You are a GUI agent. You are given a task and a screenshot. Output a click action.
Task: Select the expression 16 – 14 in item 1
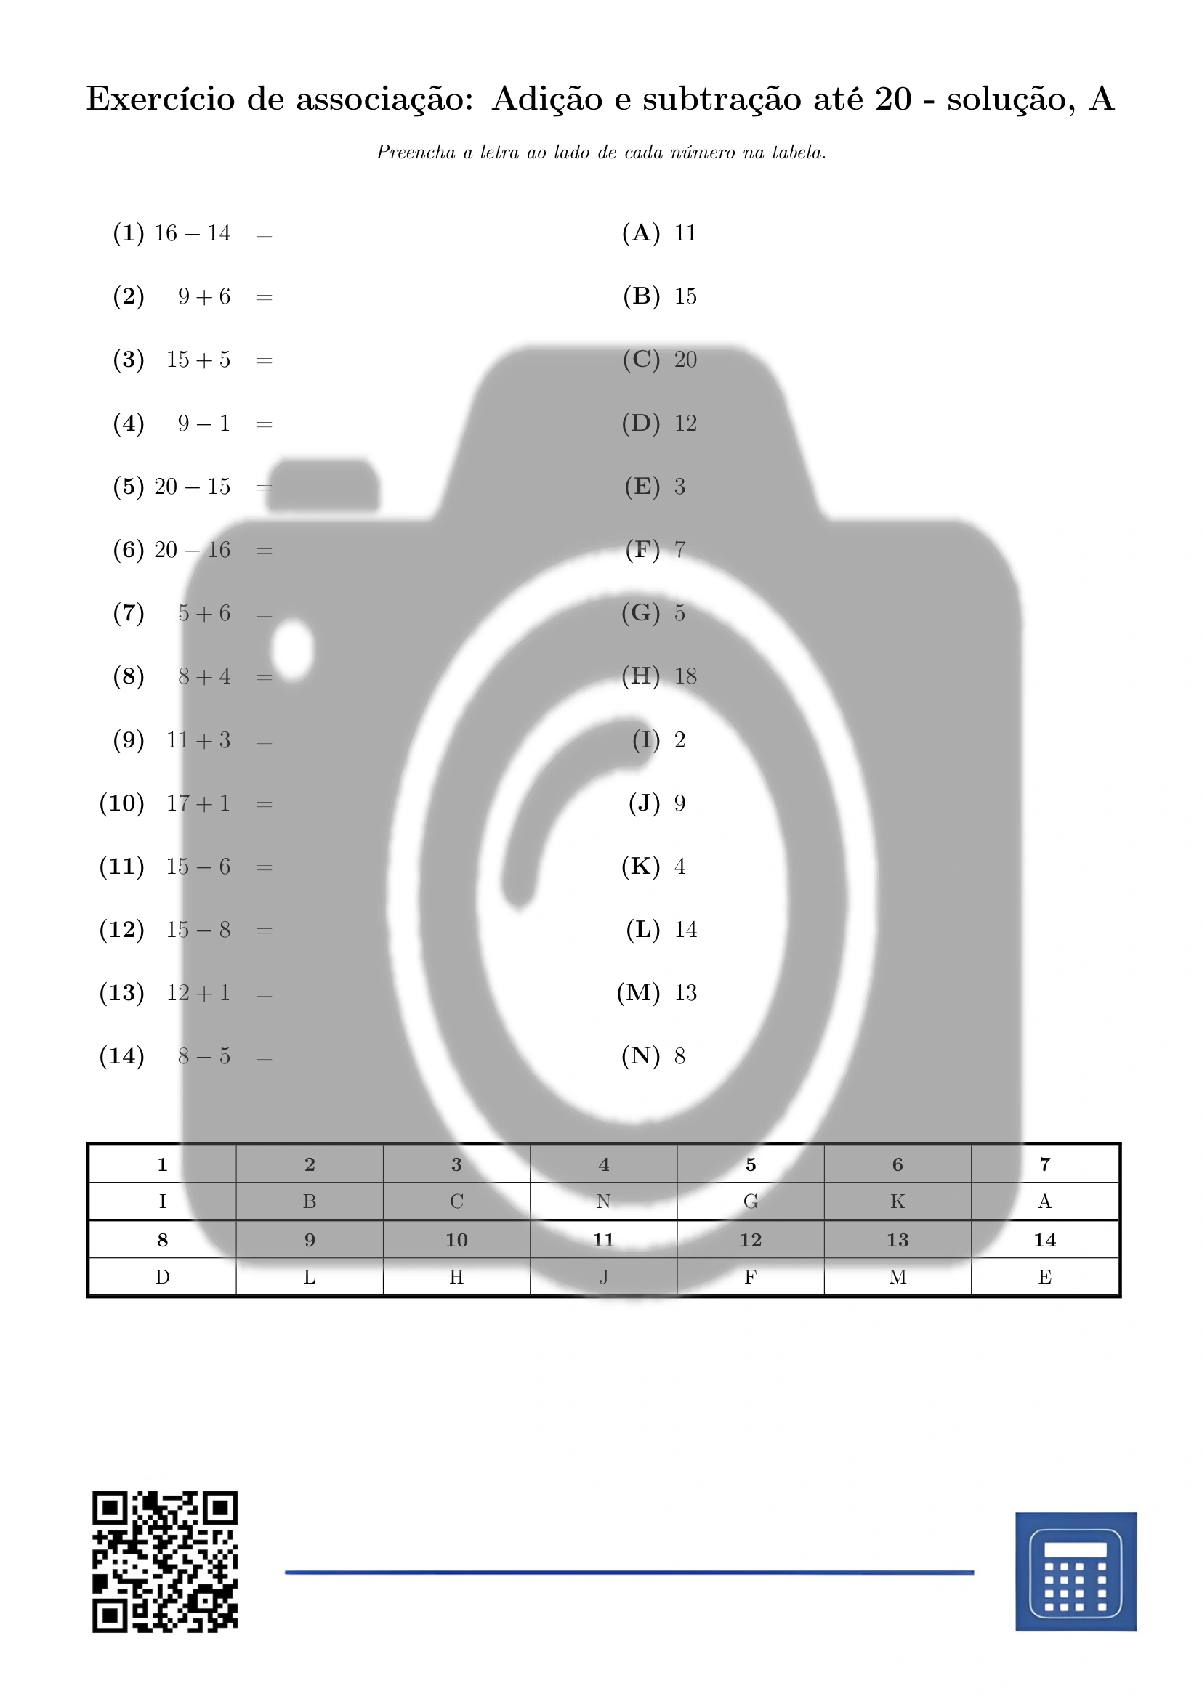tap(193, 234)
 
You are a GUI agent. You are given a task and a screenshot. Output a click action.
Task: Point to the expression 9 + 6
tap(204, 297)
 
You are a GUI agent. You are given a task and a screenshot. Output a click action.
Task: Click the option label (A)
tap(641, 233)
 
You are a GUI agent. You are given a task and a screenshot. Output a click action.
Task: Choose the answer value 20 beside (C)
tap(685, 360)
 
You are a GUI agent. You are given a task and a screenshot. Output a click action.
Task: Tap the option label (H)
tap(641, 676)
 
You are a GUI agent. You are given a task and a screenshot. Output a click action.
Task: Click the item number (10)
tap(121, 803)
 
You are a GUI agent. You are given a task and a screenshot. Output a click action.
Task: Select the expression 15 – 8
tap(198, 930)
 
